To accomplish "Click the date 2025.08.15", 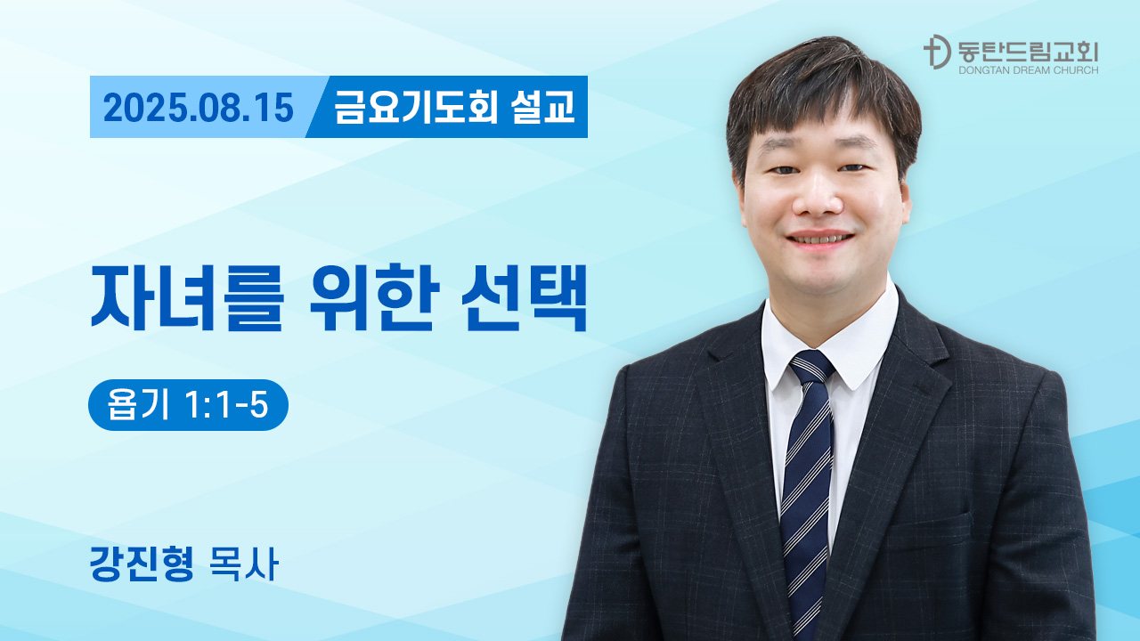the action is (x=199, y=108).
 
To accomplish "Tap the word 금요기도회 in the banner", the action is (x=416, y=107).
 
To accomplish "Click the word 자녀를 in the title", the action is (x=187, y=297).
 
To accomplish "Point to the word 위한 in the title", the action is (x=374, y=297).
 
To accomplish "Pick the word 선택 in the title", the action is (x=525, y=297).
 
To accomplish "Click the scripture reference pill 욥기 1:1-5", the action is (x=188, y=405).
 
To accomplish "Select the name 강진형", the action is (x=142, y=564).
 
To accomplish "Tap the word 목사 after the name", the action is (x=244, y=564).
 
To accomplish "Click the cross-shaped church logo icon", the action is (x=936, y=52).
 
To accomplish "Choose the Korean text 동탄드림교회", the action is (x=1028, y=52).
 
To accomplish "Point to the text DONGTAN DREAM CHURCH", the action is (x=1028, y=70).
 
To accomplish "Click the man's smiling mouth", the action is (x=820, y=239).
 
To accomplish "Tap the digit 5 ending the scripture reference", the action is (x=259, y=405).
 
